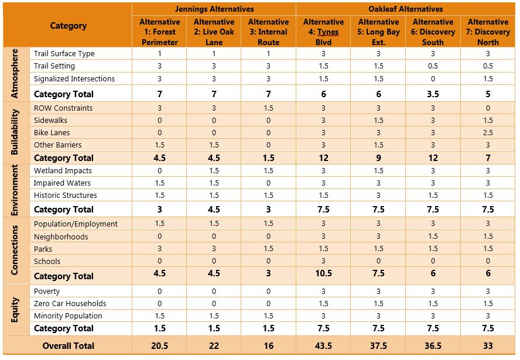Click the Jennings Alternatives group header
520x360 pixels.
tap(214, 9)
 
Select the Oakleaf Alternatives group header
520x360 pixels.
tap(405, 9)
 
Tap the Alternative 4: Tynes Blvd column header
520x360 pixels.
tap(323, 32)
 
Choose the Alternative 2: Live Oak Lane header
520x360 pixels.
tap(214, 32)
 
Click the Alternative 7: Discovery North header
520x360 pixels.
tap(488, 32)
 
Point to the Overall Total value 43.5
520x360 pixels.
tap(323, 346)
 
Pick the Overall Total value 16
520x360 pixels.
tap(268, 346)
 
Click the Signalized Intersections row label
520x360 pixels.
tap(74, 79)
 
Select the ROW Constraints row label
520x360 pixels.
tap(63, 108)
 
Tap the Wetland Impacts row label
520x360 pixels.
tap(63, 171)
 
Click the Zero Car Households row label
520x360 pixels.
tap(70, 304)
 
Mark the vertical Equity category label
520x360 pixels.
tap(16, 310)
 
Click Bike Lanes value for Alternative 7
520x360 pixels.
tap(488, 133)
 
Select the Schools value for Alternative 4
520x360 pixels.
tap(323, 262)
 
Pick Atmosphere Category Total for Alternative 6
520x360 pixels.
tap(433, 94)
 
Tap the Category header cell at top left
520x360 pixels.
tap(68, 26)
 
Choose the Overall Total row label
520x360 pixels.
tap(69, 346)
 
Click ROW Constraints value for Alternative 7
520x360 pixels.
tap(488, 108)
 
